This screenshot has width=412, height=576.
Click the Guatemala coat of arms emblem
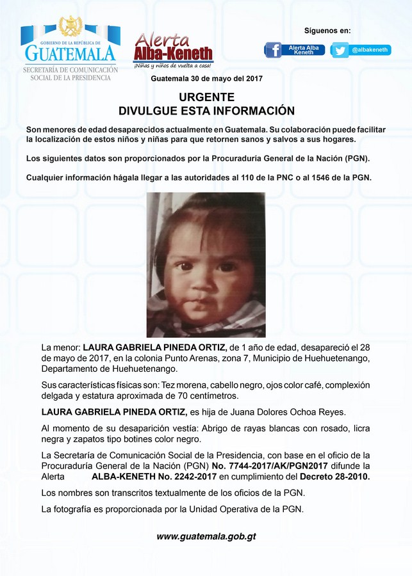point(70,27)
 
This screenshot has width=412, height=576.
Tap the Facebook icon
point(273,50)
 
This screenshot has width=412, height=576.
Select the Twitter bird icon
point(340,50)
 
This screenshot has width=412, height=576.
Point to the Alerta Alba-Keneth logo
point(173,50)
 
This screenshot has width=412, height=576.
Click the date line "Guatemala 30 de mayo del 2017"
point(206,78)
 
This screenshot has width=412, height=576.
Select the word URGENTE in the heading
point(206,97)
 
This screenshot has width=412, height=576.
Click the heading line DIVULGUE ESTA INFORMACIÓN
point(206,111)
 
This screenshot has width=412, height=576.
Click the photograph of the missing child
point(206,264)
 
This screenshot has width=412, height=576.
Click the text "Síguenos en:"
point(327,31)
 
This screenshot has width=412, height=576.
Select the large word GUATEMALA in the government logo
point(70,52)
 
